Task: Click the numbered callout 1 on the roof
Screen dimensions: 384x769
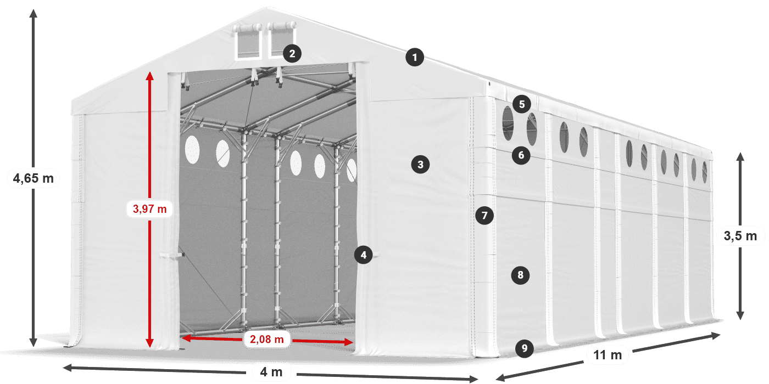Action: tap(415, 57)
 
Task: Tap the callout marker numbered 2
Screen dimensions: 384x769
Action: tap(292, 53)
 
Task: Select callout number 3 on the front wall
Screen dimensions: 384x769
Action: tap(420, 164)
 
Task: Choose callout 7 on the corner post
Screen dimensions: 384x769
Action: tap(484, 216)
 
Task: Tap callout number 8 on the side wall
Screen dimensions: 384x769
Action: tap(520, 275)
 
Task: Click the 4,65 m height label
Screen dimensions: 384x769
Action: tap(33, 178)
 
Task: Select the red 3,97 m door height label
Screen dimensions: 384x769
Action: tap(150, 209)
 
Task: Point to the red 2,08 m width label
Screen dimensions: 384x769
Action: tap(267, 340)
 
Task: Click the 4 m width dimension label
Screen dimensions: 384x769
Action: tap(271, 372)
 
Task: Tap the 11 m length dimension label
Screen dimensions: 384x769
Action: tap(608, 355)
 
